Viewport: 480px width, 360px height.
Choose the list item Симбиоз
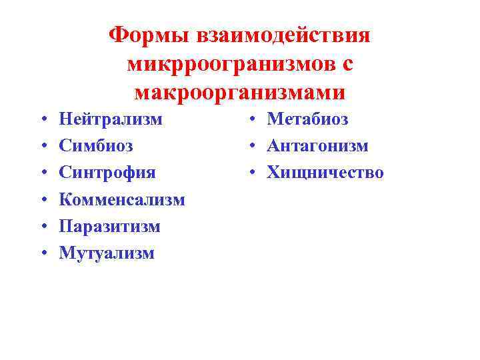(x=96, y=146)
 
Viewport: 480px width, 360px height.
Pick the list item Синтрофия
(x=107, y=173)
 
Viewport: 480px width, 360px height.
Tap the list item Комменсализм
(x=122, y=199)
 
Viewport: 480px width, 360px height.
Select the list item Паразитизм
(x=110, y=226)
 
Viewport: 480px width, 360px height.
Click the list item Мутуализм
(x=107, y=253)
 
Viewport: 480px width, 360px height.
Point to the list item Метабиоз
(x=307, y=119)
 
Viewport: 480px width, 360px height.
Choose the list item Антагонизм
(x=317, y=146)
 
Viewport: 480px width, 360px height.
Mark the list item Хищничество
(x=325, y=173)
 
